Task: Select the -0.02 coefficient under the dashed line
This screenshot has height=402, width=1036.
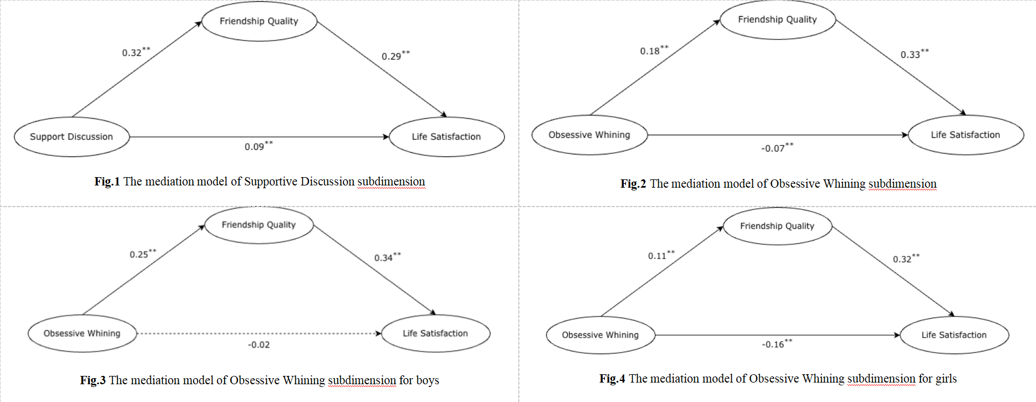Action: point(259,345)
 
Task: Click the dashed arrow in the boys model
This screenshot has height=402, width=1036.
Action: point(259,334)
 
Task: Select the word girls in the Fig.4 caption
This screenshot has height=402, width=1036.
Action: point(946,379)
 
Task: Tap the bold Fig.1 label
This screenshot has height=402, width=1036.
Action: point(107,182)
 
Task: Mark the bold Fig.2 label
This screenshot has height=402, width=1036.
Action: point(633,184)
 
